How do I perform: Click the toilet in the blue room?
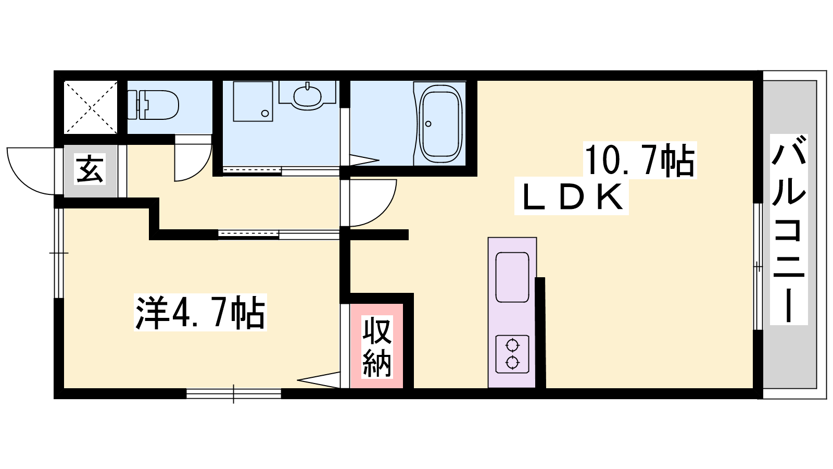click(x=153, y=105)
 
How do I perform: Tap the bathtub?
click(x=440, y=124)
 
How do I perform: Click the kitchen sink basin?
click(x=512, y=277)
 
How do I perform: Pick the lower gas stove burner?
click(x=512, y=362)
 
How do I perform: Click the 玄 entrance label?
click(x=90, y=169)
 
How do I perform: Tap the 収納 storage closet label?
click(x=377, y=347)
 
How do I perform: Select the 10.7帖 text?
click(x=639, y=161)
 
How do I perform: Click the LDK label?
click(x=572, y=198)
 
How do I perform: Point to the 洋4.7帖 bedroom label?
click(x=200, y=312)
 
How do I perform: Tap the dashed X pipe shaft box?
click(x=91, y=107)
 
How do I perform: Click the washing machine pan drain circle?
click(x=265, y=113)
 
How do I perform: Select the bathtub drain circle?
click(x=428, y=124)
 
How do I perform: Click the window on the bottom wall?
click(x=234, y=393)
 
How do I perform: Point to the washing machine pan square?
click(x=253, y=101)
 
